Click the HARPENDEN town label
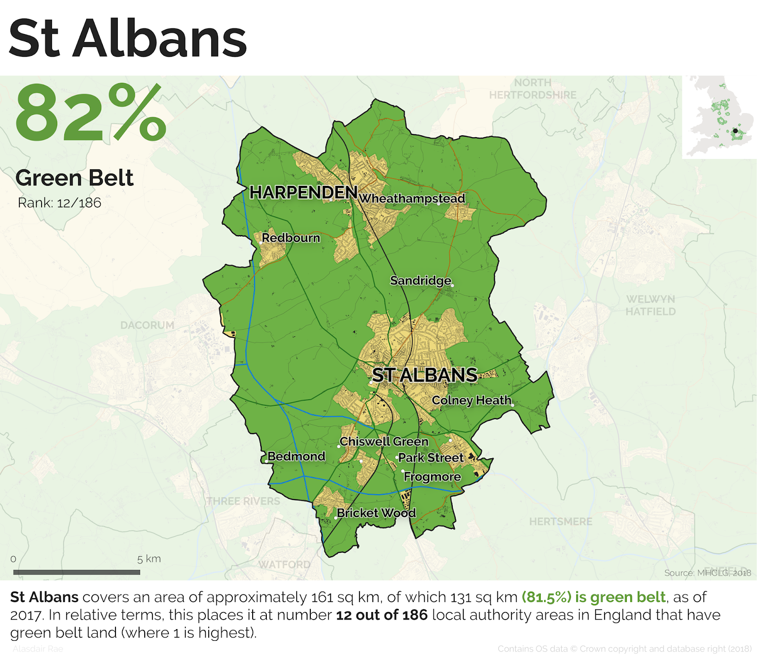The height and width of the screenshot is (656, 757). tap(303, 192)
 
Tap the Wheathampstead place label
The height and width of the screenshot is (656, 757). tap(412, 199)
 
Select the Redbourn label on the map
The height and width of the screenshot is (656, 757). tap(291, 237)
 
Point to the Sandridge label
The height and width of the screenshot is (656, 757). tap(420, 280)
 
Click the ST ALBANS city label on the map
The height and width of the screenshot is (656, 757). tap(424, 375)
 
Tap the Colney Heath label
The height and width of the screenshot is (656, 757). tap(471, 401)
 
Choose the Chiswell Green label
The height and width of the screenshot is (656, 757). tap(384, 441)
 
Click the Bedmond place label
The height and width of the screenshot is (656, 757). tap(296, 456)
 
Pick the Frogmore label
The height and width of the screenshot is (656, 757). tap(432, 477)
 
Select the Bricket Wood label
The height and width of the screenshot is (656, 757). tap(376, 513)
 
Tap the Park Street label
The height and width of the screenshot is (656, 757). tap(431, 458)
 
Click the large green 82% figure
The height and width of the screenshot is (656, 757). tap(90, 114)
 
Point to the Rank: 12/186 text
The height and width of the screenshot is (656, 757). tap(60, 203)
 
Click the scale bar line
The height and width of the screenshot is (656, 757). tap(77, 572)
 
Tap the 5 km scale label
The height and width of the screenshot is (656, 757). tap(149, 559)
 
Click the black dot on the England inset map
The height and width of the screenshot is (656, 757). tap(735, 131)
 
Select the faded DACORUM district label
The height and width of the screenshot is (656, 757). tap(147, 325)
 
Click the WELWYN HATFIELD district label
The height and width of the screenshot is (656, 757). tap(651, 306)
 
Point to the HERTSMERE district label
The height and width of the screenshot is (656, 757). tap(561, 522)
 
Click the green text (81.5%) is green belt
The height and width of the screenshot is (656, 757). tap(593, 597)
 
